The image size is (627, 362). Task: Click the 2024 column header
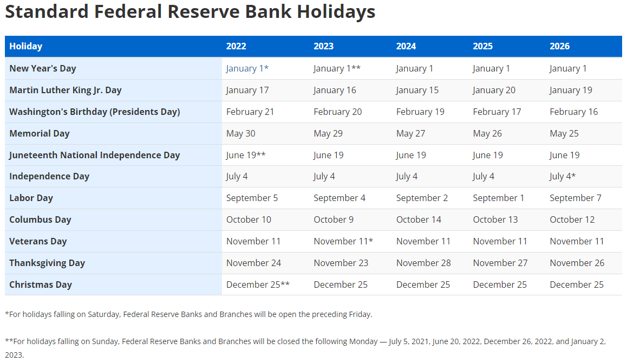[406, 47]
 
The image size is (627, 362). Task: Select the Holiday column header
[25, 47]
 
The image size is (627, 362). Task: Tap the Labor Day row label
[31, 198]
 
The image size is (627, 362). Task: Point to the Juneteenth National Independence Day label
[94, 155]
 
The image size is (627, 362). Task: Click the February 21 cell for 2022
[250, 112]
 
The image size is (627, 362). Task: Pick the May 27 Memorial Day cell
[410, 134]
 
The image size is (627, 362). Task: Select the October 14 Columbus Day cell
[419, 219]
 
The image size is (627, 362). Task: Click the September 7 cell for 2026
[576, 198]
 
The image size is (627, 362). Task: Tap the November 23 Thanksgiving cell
[341, 263]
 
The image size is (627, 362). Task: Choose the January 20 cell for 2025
[494, 90]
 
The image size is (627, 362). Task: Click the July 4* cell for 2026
[563, 177]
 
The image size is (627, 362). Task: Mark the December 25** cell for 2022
[258, 285]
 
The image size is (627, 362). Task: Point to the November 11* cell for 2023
[343, 241]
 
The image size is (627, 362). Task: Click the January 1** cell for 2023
[337, 69]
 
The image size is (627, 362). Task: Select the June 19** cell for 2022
[246, 155]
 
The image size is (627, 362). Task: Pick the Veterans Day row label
[38, 241]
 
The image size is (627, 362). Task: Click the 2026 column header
[559, 47]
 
